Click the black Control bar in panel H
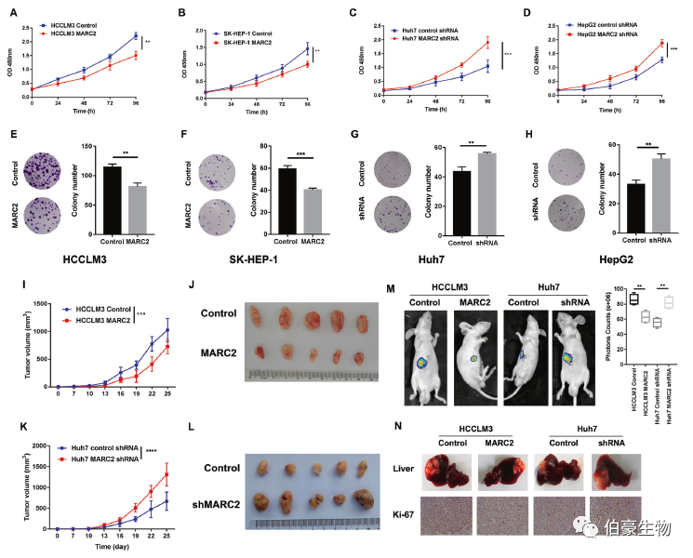[610, 193]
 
